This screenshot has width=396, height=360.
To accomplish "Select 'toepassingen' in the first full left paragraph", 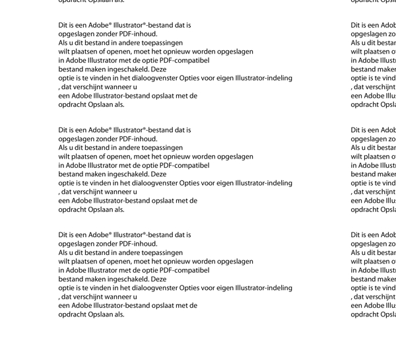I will [162, 43].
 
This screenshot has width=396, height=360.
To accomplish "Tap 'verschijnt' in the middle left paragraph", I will [93, 192].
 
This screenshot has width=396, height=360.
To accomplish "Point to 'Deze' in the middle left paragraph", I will [158, 174].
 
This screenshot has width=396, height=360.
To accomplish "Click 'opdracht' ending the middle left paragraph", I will [72, 209].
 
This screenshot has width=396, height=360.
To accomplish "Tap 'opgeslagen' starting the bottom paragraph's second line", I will [75, 244].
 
